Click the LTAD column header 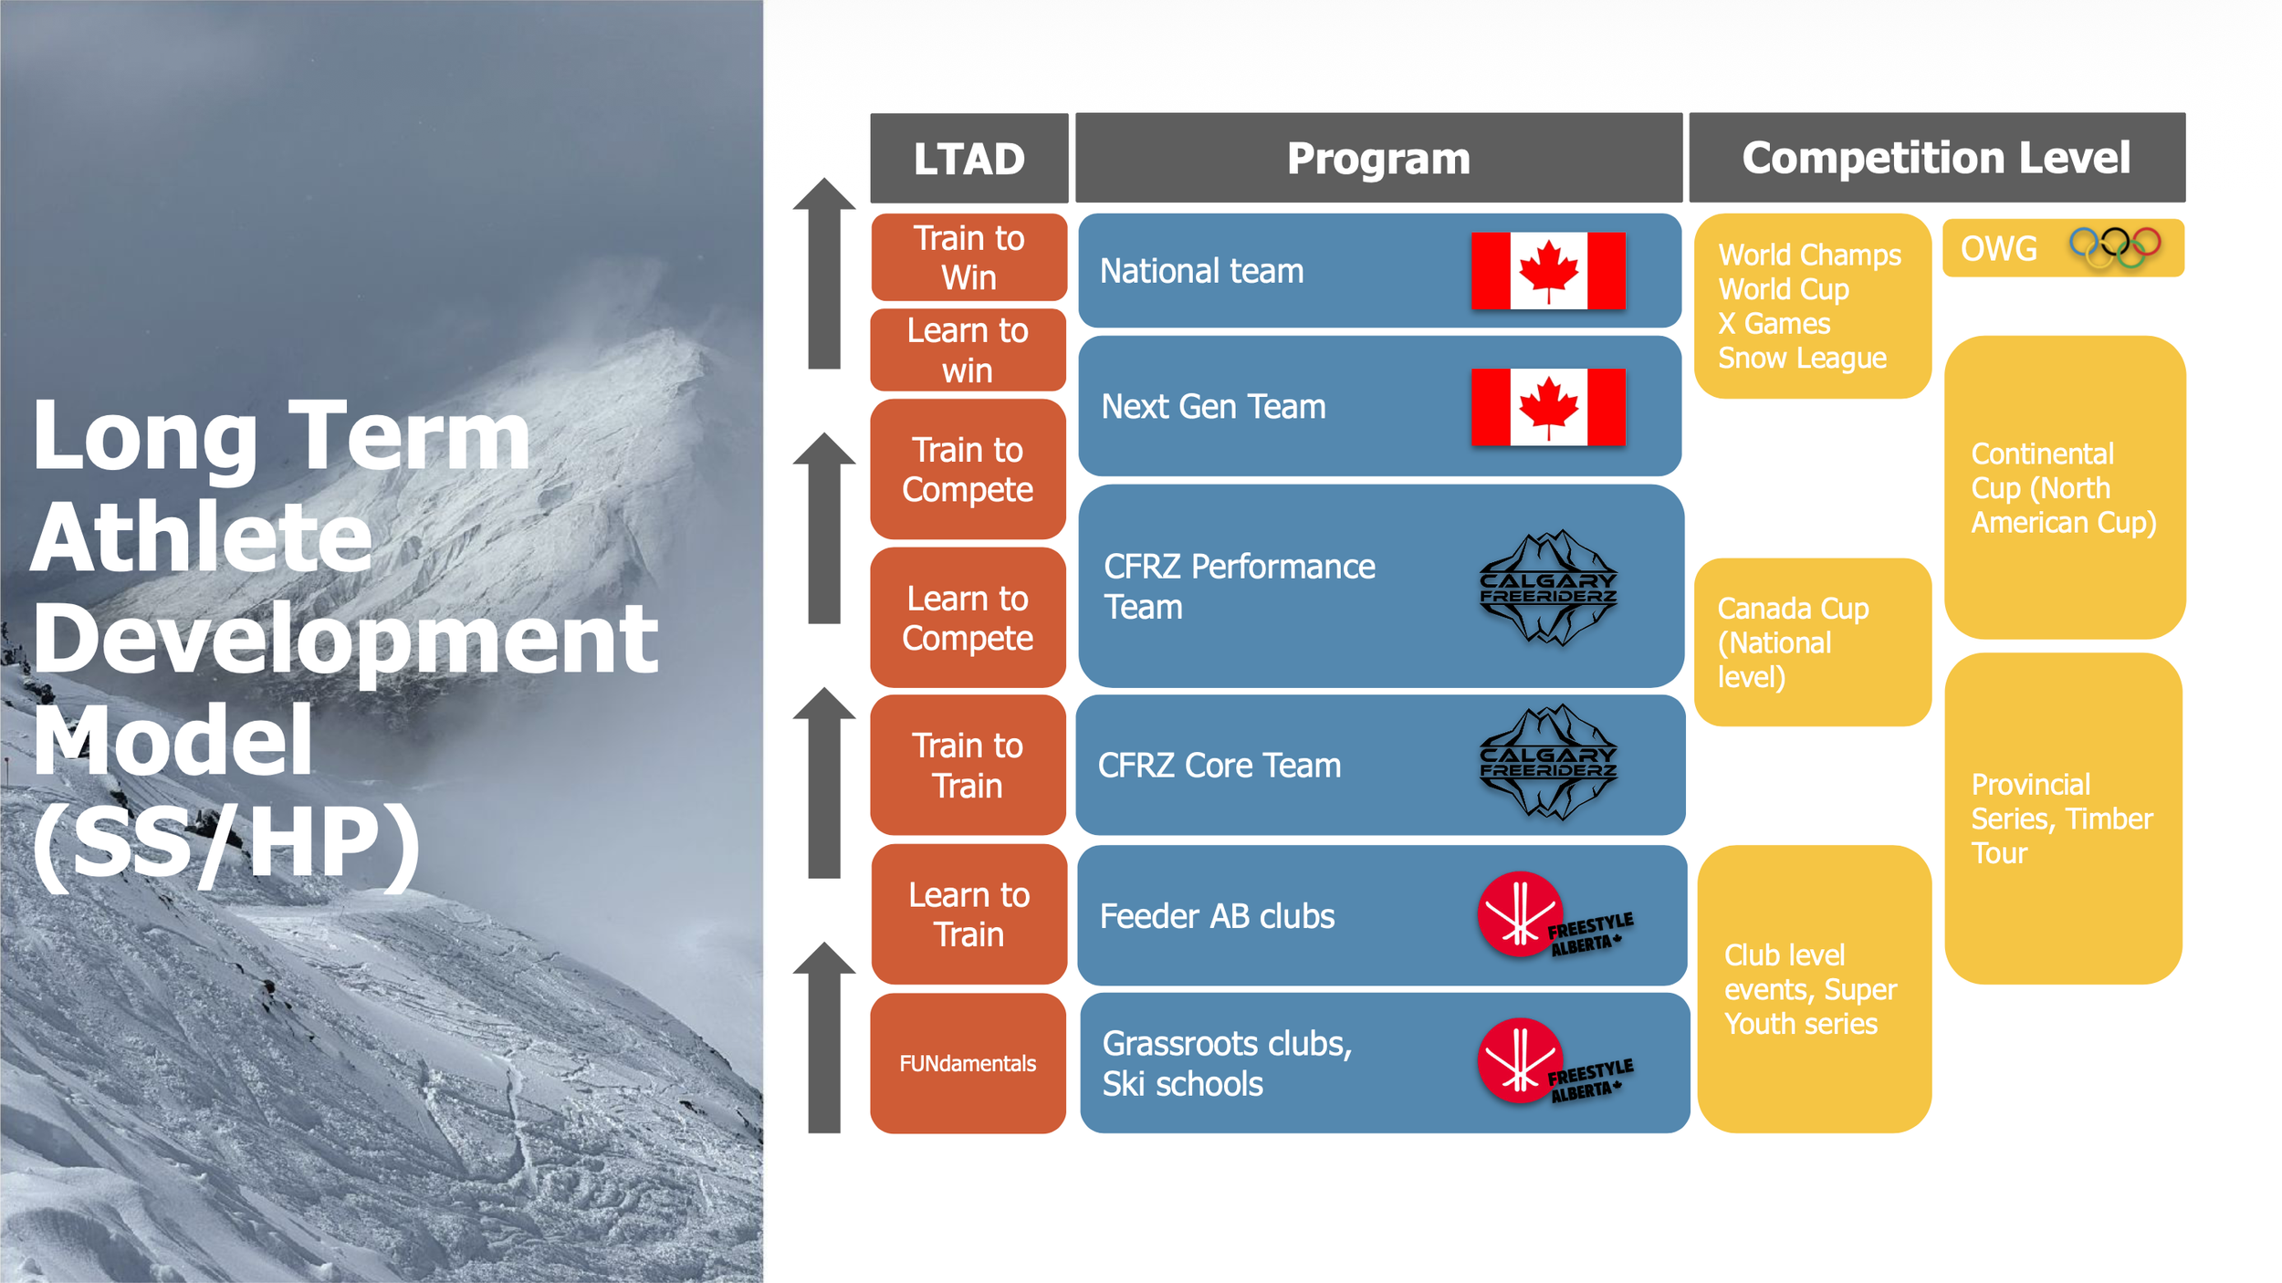point(968,158)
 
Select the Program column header point(1378,158)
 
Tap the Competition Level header point(1936,158)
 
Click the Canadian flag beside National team point(1548,271)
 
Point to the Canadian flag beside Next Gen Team point(1548,407)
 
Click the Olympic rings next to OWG point(2114,246)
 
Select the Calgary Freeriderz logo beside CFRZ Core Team point(1548,763)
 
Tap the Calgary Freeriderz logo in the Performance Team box point(1548,589)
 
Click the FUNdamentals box point(968,1063)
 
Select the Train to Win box point(968,257)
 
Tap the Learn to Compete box point(968,618)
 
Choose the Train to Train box point(968,765)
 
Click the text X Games point(1774,324)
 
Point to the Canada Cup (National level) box point(1813,642)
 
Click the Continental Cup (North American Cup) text point(2063,488)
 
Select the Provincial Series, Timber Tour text point(2061,819)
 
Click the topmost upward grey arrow point(824,273)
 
